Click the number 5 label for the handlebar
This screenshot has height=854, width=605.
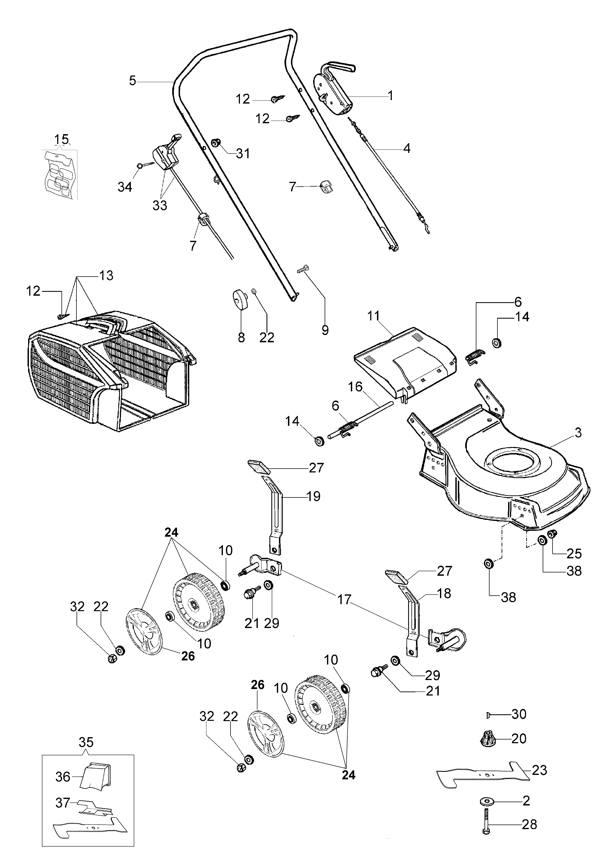[x=133, y=81]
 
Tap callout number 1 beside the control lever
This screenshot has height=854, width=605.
[x=390, y=96]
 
